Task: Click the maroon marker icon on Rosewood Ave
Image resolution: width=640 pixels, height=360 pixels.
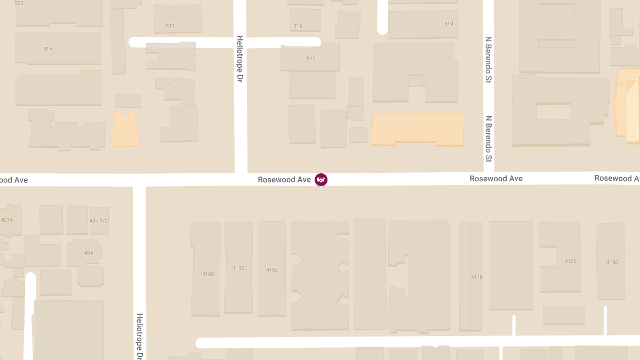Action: (321, 180)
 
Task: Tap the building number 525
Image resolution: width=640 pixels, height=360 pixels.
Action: (19, 3)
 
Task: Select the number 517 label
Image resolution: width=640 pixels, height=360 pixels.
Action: (170, 26)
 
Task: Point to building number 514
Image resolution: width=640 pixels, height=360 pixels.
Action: (47, 49)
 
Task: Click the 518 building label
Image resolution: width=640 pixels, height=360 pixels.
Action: (298, 26)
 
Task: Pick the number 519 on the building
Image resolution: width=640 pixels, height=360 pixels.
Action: (449, 24)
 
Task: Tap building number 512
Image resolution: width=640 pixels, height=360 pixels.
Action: (311, 59)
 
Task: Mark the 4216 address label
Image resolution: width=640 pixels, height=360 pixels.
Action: (6, 220)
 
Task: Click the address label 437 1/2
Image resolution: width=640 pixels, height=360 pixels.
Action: (99, 221)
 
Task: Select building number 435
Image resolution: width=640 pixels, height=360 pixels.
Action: (89, 253)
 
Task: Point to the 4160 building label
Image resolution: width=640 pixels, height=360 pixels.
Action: (208, 274)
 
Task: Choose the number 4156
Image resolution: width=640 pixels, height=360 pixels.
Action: (238, 268)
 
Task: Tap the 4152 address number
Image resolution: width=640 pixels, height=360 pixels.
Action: (272, 270)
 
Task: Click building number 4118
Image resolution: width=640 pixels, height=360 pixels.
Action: (477, 277)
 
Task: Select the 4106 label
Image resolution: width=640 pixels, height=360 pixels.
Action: (571, 261)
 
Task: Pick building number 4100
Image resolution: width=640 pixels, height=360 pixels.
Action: (612, 262)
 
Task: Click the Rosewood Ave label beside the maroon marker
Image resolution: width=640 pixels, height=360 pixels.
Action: (284, 180)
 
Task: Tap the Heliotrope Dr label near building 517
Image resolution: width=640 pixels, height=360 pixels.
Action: (240, 59)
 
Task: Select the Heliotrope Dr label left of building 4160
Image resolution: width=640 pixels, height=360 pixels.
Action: (139, 335)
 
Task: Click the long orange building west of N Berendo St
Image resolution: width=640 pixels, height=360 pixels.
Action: (417, 129)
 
